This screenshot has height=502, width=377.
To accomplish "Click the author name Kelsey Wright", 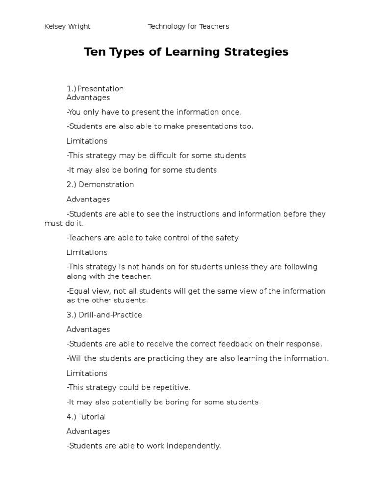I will tap(67, 26).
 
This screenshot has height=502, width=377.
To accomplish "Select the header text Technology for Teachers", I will tap(188, 26).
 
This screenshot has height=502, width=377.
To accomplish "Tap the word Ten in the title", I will tap(95, 52).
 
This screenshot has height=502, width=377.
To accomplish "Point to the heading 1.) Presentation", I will tap(95, 89).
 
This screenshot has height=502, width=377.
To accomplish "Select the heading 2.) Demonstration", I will tap(100, 185).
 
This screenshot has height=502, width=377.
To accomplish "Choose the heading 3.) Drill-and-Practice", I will tap(105, 315).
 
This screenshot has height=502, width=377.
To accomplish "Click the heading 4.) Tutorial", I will tap(86, 417).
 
